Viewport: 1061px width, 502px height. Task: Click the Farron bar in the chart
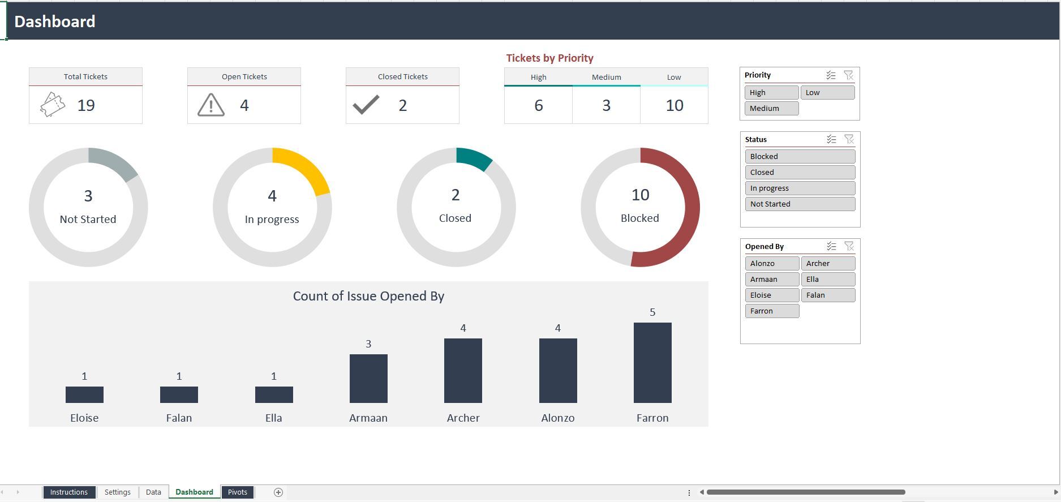pyautogui.click(x=652, y=363)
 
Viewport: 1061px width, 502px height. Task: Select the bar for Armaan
pyautogui.click(x=368, y=379)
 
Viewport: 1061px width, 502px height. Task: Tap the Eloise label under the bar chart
pyautogui.click(x=84, y=418)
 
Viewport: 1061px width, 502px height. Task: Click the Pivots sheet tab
pyautogui.click(x=237, y=492)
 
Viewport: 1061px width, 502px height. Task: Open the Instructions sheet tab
pyautogui.click(x=68, y=492)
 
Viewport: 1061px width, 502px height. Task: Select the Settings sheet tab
pyautogui.click(x=117, y=492)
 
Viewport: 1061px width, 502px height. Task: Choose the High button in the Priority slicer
pyautogui.click(x=771, y=93)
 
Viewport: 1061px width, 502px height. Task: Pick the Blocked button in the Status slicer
pyautogui.click(x=800, y=157)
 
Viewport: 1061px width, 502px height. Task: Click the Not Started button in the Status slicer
pyautogui.click(x=800, y=204)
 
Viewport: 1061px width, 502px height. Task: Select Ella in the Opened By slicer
pyautogui.click(x=827, y=280)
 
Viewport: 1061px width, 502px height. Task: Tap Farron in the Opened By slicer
pyautogui.click(x=772, y=311)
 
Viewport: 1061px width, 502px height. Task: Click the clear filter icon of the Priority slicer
pyautogui.click(x=848, y=75)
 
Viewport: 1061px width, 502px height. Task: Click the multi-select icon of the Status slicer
pyautogui.click(x=831, y=139)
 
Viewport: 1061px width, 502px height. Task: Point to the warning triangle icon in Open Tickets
pyautogui.click(x=211, y=105)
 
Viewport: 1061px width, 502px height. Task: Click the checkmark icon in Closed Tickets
pyautogui.click(x=366, y=105)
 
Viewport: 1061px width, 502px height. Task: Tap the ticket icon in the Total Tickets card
pyautogui.click(x=53, y=105)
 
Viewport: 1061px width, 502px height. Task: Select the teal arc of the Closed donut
pyautogui.click(x=473, y=157)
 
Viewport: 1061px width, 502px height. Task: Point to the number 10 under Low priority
pyautogui.click(x=674, y=105)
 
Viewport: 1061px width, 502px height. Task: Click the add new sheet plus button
pyautogui.click(x=278, y=492)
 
